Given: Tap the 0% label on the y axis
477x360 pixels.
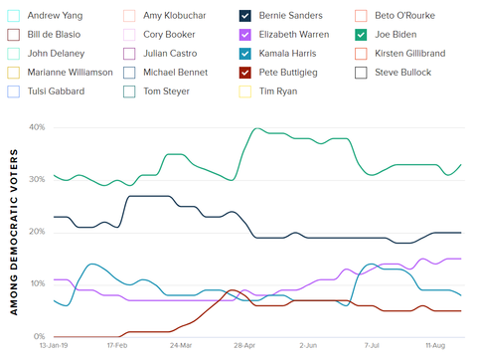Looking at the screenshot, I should [38, 336].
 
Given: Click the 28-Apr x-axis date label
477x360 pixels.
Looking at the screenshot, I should [243, 347].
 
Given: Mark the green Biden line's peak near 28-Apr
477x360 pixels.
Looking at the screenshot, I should [257, 128].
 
